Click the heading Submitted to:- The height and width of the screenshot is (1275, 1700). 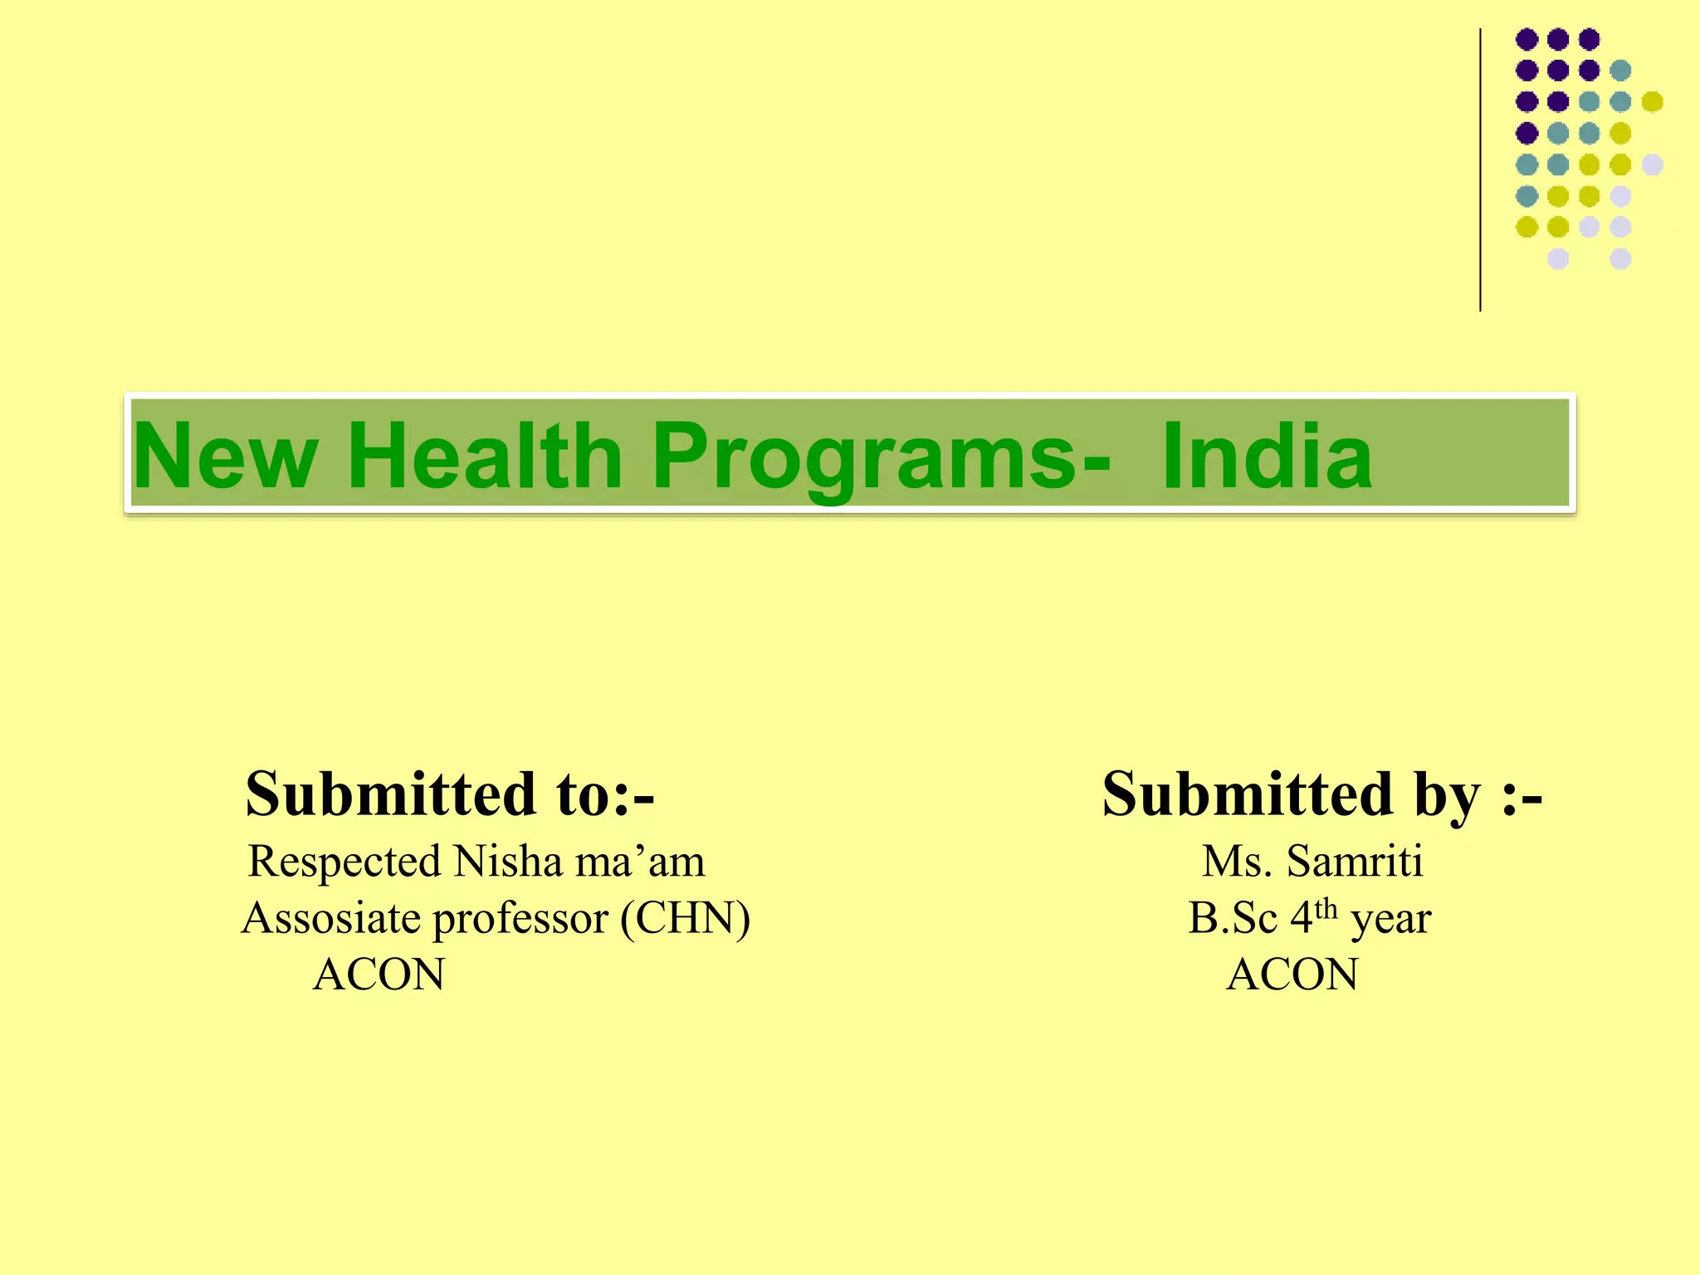click(450, 794)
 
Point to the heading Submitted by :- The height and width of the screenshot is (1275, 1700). click(1321, 794)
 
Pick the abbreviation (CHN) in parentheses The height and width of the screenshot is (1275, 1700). click(686, 918)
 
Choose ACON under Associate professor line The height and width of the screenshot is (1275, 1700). click(379, 975)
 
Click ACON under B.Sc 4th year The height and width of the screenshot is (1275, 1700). click(1292, 975)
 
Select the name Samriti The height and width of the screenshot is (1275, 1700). click(1355, 861)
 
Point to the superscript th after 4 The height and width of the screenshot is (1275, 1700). click(1326, 908)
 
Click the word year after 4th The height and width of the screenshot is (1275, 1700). click(1391, 921)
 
